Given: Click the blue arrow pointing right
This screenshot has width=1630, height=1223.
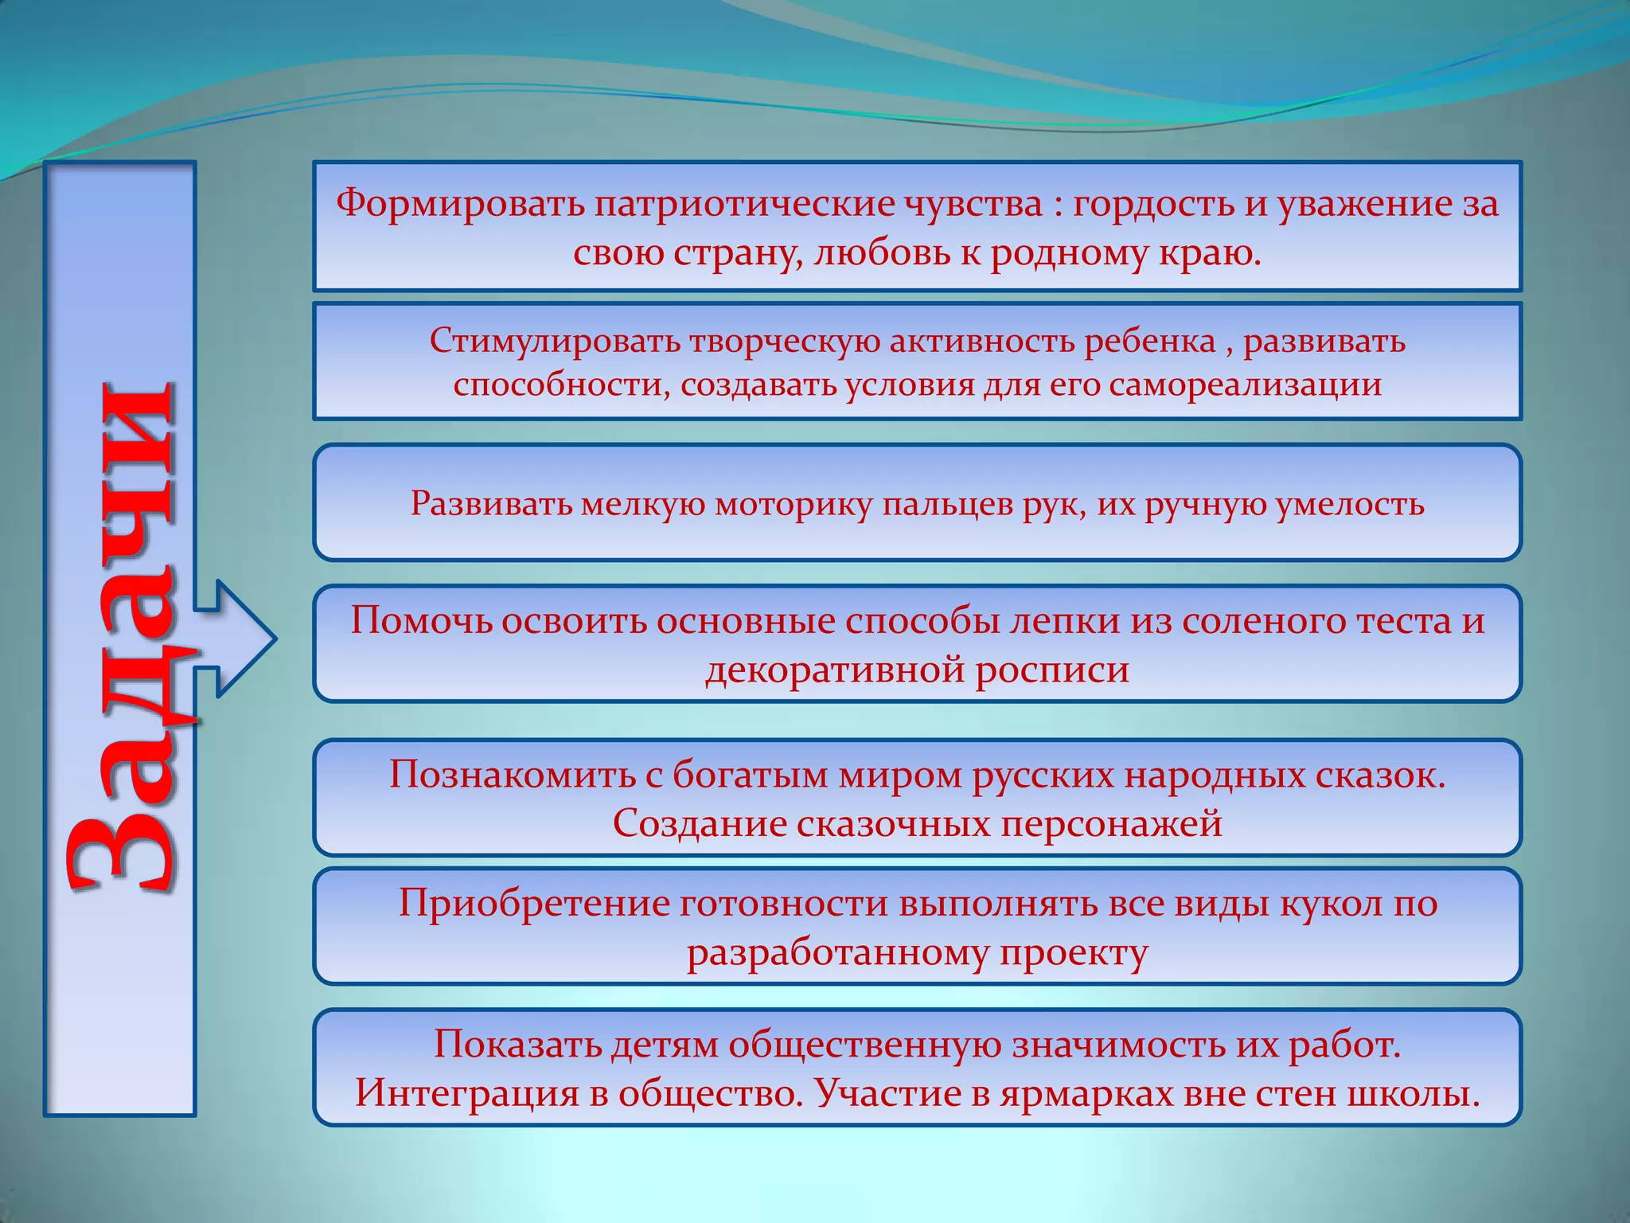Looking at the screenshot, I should click(239, 639).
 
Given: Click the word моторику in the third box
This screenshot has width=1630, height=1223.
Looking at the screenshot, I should click(793, 504).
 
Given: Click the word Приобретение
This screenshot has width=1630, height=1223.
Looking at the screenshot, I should click(533, 903).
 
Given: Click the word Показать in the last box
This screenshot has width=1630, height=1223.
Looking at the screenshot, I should click(517, 1044).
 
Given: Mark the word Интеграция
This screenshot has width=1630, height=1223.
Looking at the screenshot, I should click(466, 1093).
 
